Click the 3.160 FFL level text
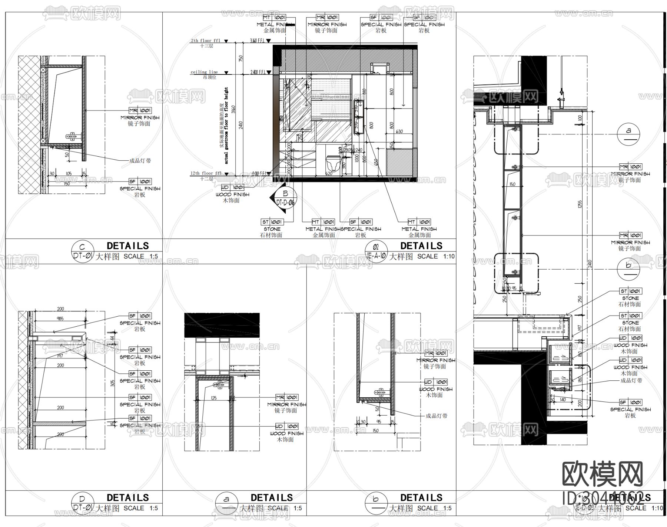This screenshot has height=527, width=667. (257, 41)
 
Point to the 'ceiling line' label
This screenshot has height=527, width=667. (204, 72)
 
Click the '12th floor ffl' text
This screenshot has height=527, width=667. (206, 173)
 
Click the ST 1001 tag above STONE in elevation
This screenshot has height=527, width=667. (272, 222)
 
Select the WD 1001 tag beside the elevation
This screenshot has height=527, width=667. (233, 188)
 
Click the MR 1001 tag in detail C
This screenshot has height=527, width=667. (140, 111)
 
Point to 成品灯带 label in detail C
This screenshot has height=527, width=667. (140, 161)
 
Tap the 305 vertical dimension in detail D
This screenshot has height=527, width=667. (113, 383)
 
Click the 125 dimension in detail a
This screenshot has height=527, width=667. (213, 398)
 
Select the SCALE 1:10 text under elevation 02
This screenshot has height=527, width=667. (435, 256)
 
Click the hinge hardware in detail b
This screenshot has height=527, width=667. (380, 392)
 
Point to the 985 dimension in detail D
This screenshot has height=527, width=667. (60, 318)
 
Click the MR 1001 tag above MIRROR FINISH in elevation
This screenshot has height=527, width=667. (327, 17)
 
